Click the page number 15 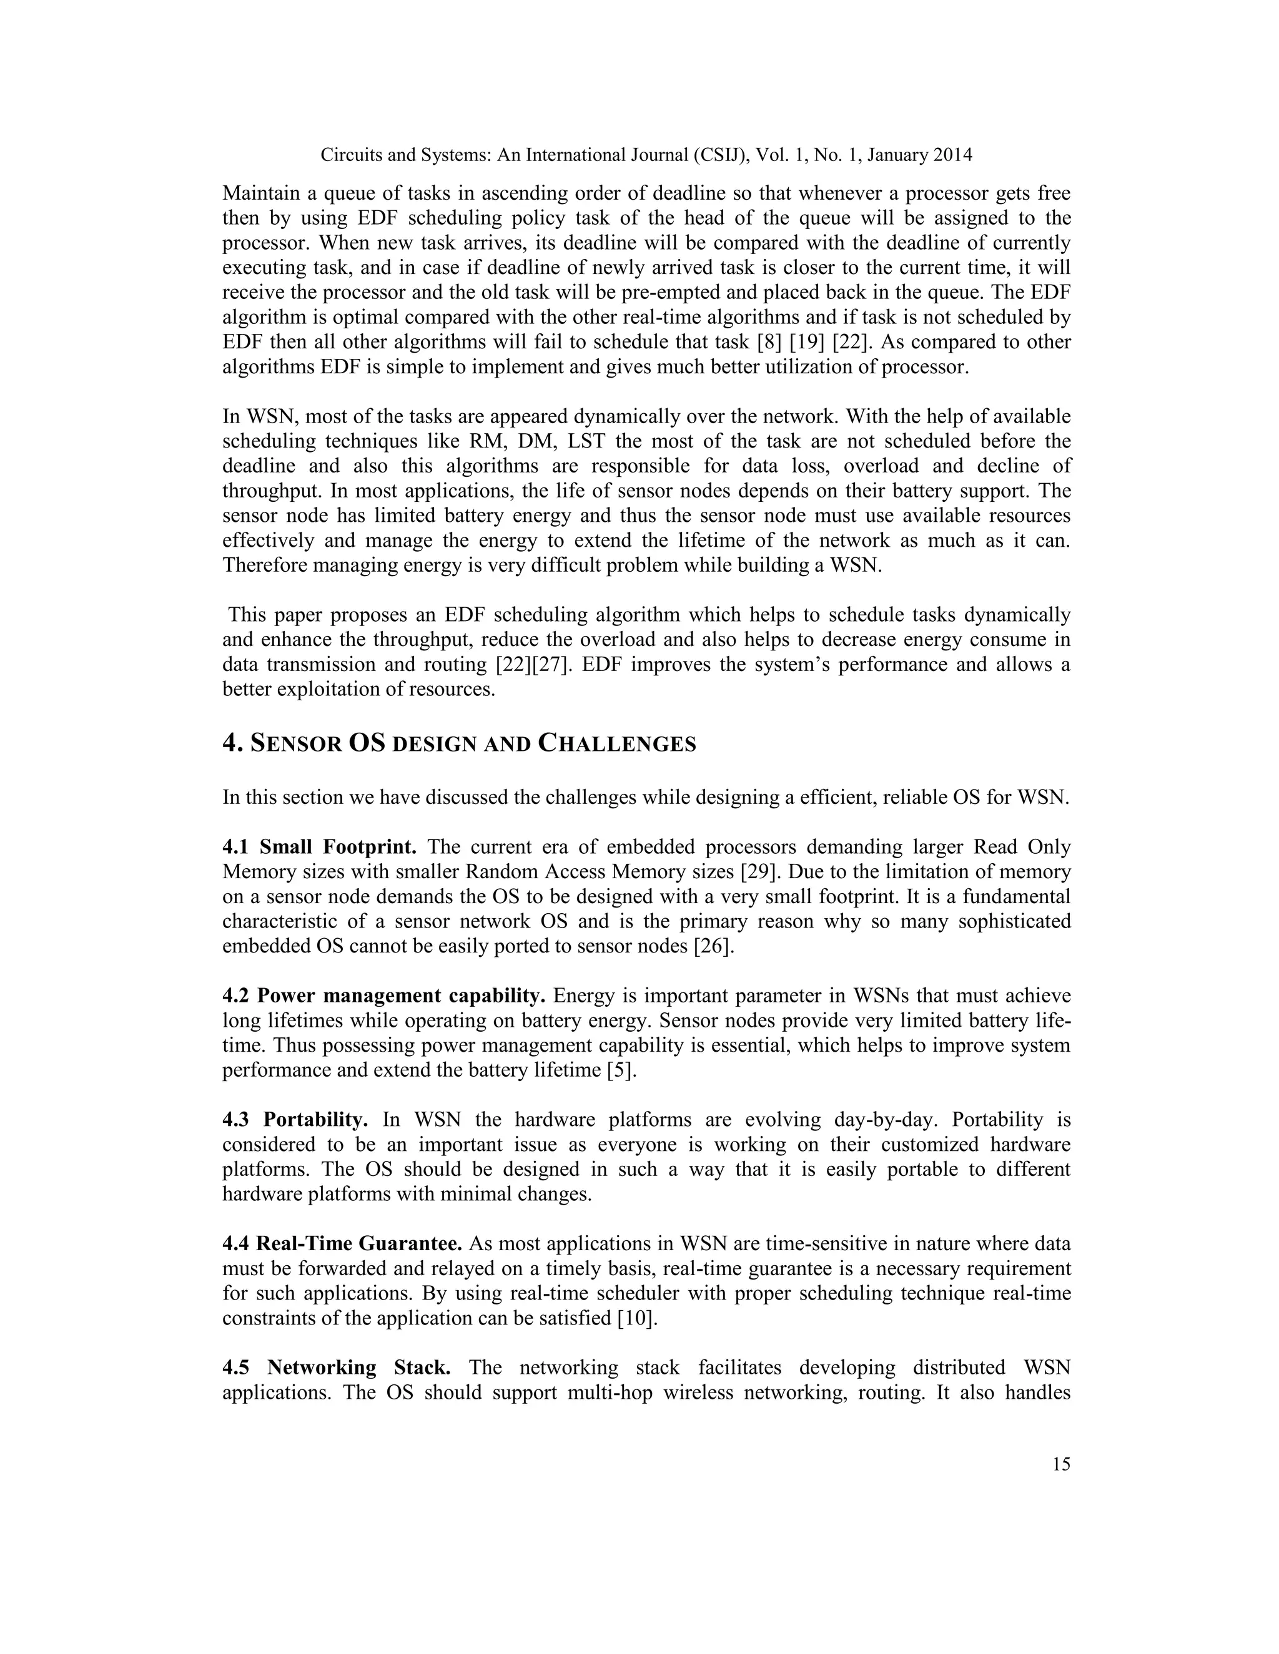click(x=1061, y=1464)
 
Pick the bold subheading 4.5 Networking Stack click(x=337, y=1368)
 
